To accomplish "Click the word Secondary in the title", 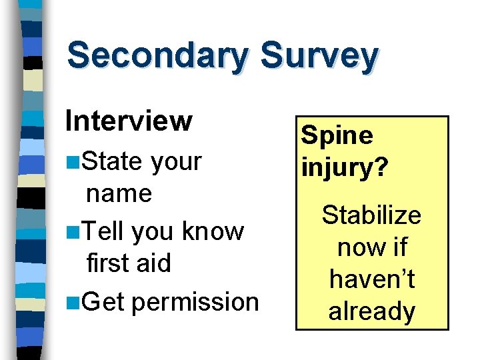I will (x=158, y=56).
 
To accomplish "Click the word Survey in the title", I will (x=319, y=56).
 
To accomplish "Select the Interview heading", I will (x=129, y=121).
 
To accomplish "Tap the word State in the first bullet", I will (x=115, y=161).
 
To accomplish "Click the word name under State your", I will (x=119, y=193).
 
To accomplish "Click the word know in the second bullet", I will (x=213, y=231).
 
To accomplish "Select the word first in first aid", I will (x=107, y=263).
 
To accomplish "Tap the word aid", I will (x=153, y=263).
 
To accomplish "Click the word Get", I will (x=107, y=301).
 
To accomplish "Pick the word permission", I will (x=195, y=302).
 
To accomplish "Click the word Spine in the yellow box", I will (x=337, y=136).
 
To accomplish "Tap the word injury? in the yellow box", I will (x=344, y=167).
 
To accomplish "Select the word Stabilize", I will (x=371, y=215).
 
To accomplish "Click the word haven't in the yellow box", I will (x=371, y=279).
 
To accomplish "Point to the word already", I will (x=371, y=311).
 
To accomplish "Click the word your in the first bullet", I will (x=176, y=161).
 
